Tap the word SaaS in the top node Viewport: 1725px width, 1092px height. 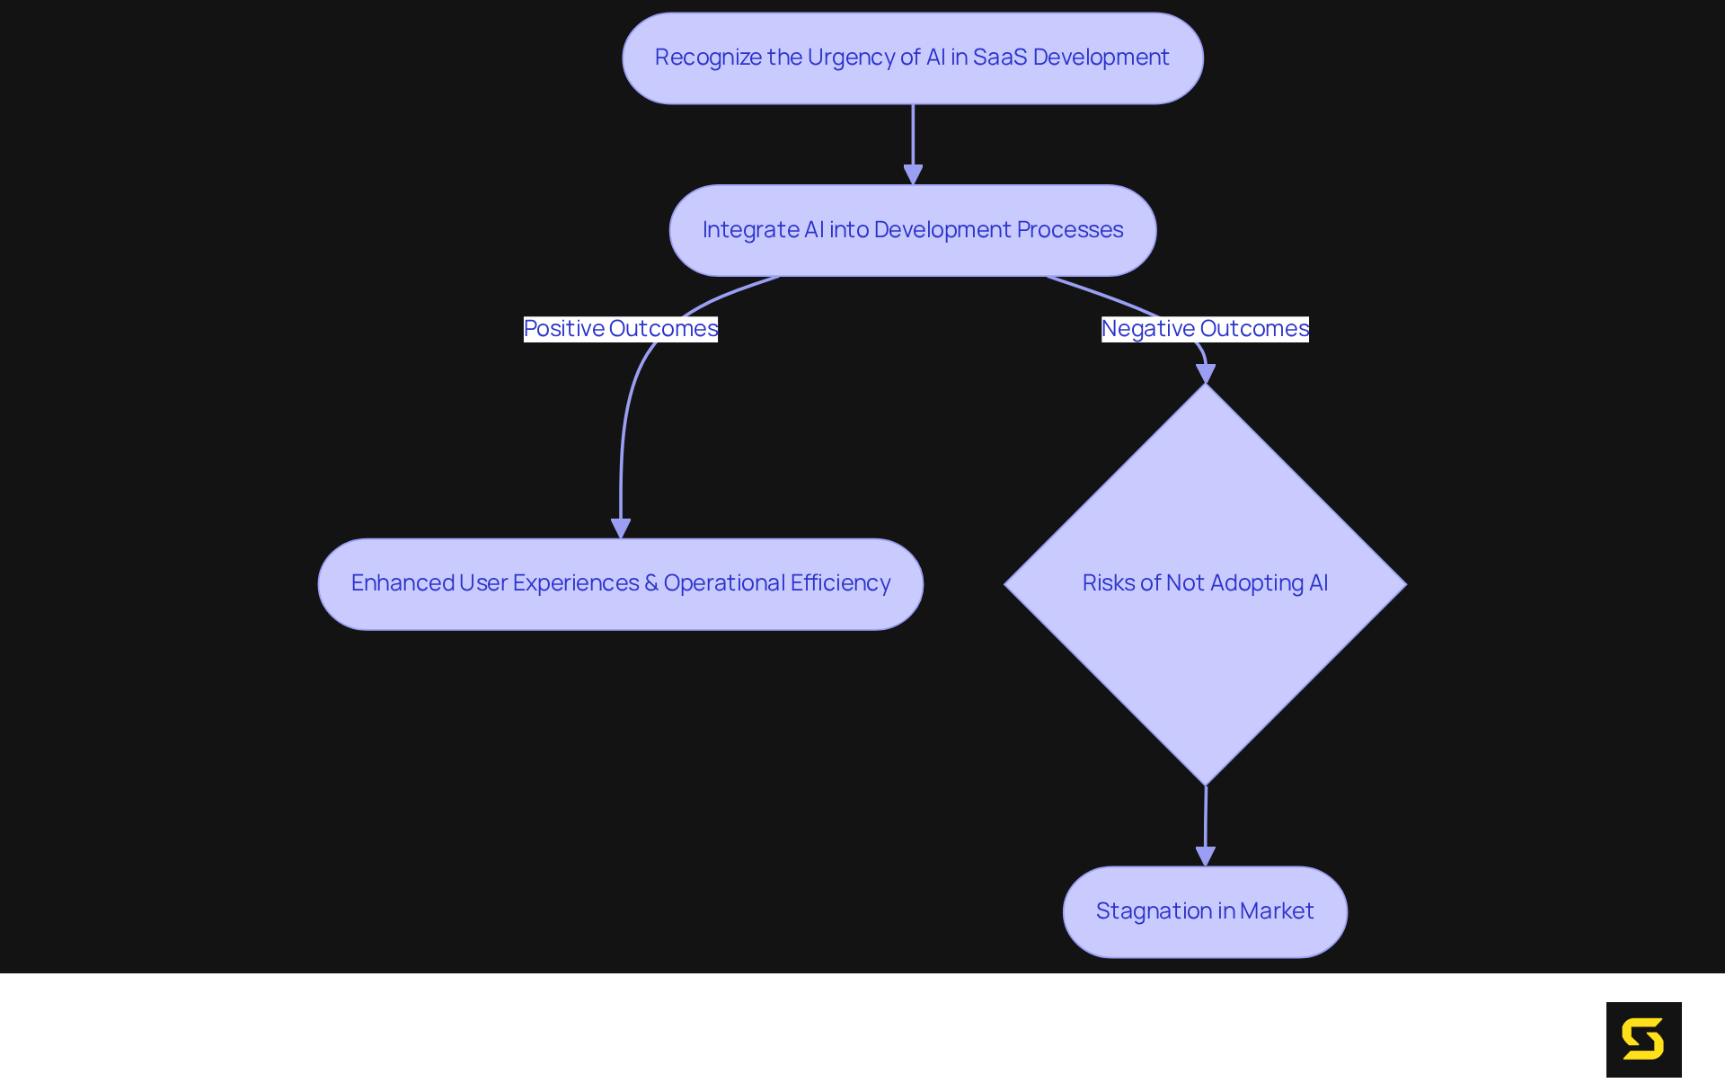[x=999, y=58]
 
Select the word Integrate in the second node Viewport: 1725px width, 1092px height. [x=750, y=230]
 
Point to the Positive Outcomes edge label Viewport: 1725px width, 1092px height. [x=620, y=329]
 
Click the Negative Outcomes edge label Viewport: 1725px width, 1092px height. [x=1205, y=329]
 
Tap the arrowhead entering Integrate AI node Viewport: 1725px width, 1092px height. [x=913, y=174]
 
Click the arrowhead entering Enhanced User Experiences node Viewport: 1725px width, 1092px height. [x=621, y=528]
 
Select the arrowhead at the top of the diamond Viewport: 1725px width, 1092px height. [x=1206, y=373]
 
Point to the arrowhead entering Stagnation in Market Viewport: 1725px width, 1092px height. [x=1206, y=856]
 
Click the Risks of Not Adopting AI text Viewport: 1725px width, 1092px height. [x=1205, y=583]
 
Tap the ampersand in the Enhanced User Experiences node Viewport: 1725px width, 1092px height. [x=651, y=583]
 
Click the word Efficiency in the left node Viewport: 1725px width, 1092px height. [x=840, y=583]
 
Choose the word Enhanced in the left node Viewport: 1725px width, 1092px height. [x=402, y=583]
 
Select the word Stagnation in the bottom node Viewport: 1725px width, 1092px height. [x=1154, y=911]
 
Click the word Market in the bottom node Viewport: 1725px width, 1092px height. [x=1277, y=911]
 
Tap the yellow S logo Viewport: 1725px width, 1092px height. [x=1643, y=1039]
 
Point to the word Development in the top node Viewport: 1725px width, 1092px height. [x=1101, y=58]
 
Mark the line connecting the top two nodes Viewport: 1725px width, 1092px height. [x=913, y=135]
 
